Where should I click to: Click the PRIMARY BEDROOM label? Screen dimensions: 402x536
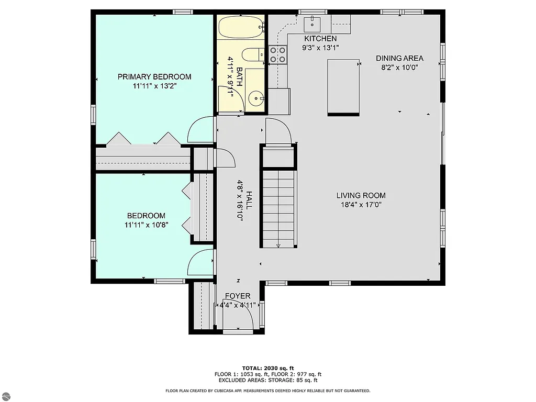tap(154, 77)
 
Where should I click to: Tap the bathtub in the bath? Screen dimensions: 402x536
tap(240, 27)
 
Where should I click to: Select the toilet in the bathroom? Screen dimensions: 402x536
tap(252, 55)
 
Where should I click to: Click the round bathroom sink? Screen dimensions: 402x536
tap(255, 97)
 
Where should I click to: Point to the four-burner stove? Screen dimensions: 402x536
tap(278, 54)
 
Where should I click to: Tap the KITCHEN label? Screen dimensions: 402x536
tap(320, 39)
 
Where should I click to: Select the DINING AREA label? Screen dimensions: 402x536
tap(399, 58)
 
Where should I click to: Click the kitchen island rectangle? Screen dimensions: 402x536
tap(343, 87)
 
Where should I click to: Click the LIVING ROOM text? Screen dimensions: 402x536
tap(361, 196)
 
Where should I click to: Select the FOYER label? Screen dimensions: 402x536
tap(238, 296)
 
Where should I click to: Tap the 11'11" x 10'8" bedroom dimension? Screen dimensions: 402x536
tap(146, 225)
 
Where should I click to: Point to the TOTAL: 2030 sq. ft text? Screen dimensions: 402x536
tap(267, 367)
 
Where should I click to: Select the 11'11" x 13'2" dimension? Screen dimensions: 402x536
tap(154, 86)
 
